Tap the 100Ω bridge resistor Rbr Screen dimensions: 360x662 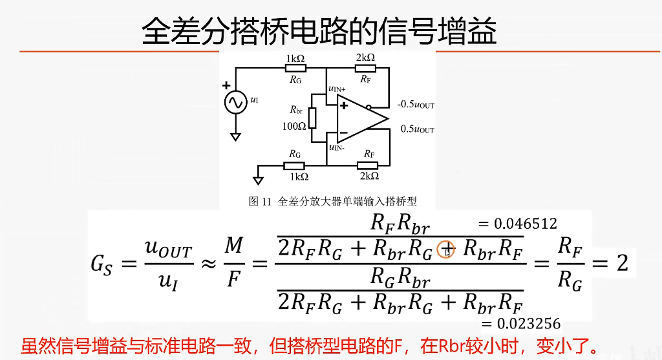312,118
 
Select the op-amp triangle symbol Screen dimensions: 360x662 359,118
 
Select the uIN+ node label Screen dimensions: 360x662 337,89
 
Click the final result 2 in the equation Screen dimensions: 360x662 622,264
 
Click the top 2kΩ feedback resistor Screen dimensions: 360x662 366,69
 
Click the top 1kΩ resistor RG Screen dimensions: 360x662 296,69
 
